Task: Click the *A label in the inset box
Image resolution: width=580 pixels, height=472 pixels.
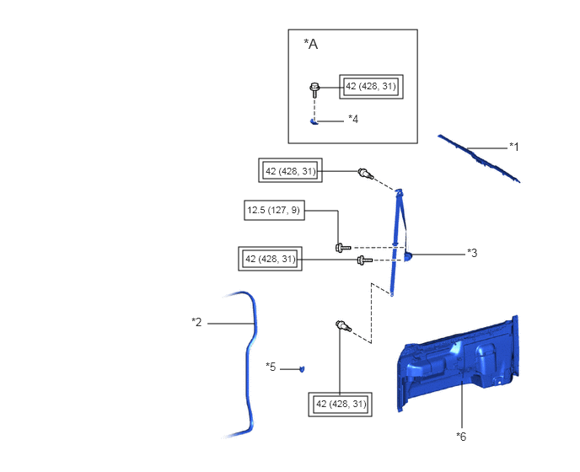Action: [x=311, y=44]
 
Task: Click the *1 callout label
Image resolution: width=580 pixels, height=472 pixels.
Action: [x=513, y=147]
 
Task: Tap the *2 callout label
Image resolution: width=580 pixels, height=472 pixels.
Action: [x=196, y=322]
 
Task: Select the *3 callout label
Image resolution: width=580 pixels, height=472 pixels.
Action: [x=472, y=253]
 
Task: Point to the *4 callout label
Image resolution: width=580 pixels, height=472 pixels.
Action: [x=353, y=119]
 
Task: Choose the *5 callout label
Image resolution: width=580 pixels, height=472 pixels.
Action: [x=271, y=367]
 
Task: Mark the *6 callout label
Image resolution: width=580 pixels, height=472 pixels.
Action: [x=461, y=437]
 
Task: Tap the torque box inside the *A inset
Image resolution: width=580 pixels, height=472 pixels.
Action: [x=371, y=87]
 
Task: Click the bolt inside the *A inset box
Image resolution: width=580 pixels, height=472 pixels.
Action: [x=314, y=89]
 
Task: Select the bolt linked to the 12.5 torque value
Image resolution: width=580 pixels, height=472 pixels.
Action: [x=342, y=248]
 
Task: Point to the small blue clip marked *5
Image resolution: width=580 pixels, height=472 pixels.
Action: [x=302, y=369]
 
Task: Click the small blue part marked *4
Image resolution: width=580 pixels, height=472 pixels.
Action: [x=314, y=121]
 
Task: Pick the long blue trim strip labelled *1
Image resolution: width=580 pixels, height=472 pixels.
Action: [x=480, y=158]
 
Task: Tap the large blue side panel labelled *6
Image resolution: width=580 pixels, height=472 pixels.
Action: [x=458, y=364]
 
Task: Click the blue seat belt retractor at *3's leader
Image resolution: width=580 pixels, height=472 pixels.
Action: [x=407, y=256]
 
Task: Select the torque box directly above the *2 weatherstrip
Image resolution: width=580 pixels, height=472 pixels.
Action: [x=270, y=259]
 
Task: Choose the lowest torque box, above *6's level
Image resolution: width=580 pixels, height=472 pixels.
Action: [x=341, y=405]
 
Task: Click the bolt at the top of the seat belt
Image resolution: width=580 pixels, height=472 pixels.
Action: [x=366, y=173]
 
